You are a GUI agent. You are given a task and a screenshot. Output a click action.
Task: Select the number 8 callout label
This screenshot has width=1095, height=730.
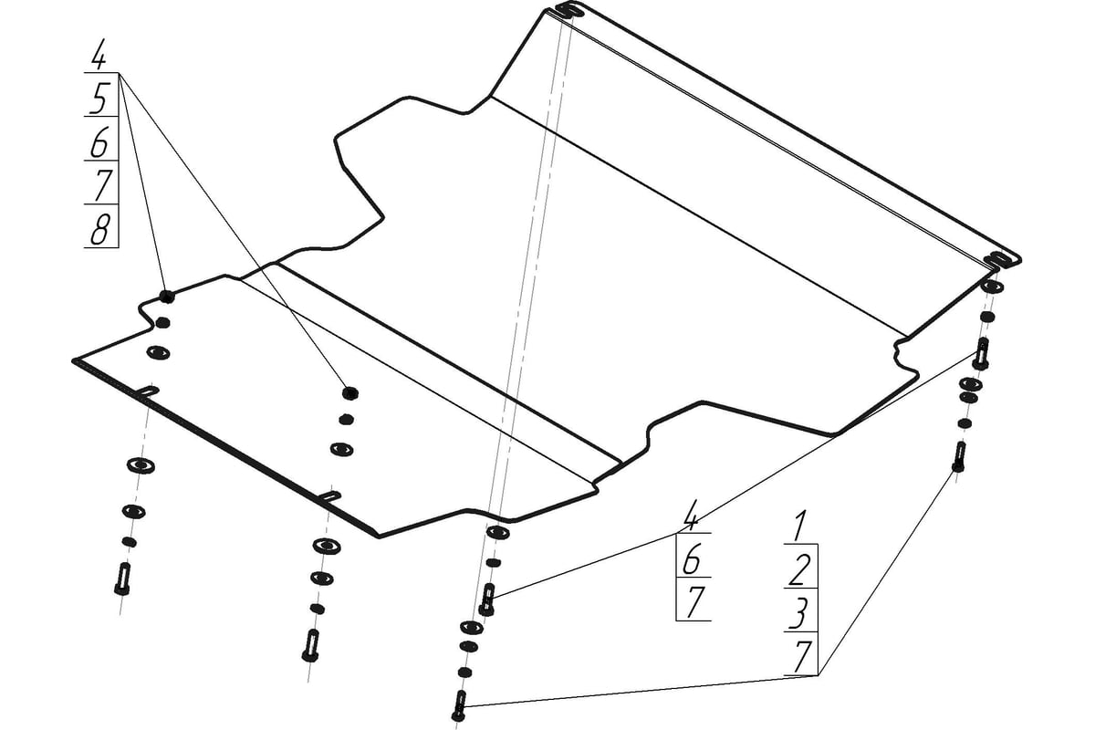pos(100,229)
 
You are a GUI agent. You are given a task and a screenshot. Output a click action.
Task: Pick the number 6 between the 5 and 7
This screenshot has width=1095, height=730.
pos(100,141)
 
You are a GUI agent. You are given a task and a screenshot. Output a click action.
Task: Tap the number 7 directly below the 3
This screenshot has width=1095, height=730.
pos(802,658)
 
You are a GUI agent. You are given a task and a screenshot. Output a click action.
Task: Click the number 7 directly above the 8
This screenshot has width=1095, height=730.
pos(101,185)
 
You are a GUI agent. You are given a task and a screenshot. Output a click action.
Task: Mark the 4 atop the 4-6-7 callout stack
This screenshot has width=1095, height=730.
pos(690,516)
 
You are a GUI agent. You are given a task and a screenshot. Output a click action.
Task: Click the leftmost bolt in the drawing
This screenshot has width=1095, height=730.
pos(123,579)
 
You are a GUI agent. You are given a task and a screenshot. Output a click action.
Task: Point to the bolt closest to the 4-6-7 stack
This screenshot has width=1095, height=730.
pos(487,599)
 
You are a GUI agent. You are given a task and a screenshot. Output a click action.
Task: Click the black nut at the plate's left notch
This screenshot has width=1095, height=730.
pos(166,297)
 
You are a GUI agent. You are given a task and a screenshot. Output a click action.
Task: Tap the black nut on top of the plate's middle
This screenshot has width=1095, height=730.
pos(350,392)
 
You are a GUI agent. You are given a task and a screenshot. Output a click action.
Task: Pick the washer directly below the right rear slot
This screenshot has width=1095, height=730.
pos(992,286)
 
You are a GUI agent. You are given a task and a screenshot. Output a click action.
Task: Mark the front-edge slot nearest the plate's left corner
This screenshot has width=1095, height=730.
pos(149,391)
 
